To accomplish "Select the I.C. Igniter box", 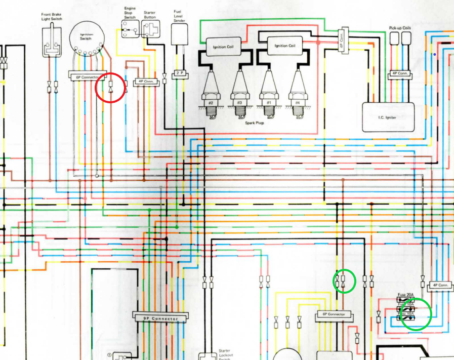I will [388, 117].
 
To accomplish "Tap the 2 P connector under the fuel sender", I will [180, 73].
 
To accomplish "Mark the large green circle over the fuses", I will [416, 314].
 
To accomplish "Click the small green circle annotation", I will [345, 282].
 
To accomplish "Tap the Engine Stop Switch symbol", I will [130, 27].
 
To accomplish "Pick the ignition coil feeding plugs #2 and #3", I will [223, 47].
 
